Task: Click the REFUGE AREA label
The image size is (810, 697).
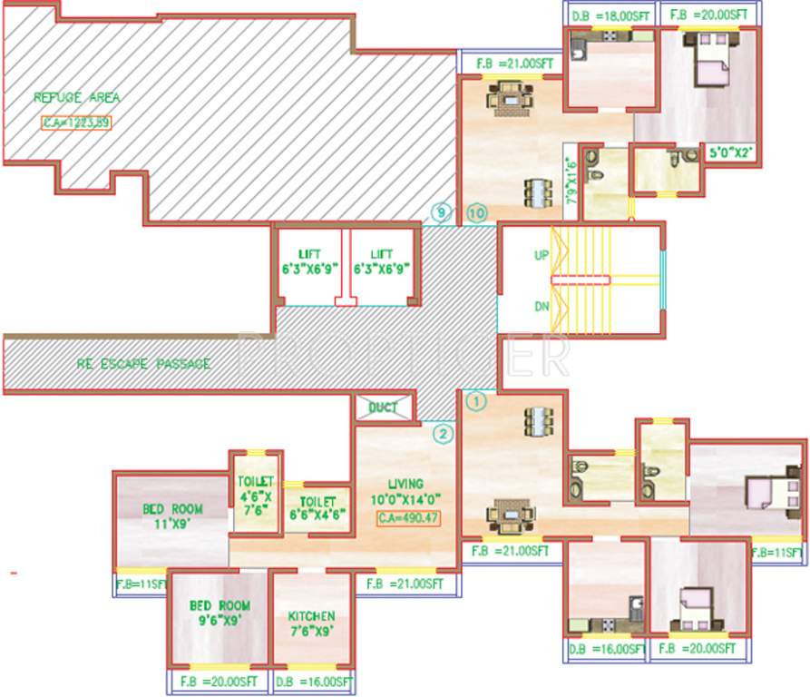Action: pos(77,97)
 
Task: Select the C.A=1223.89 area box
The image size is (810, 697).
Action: pos(75,123)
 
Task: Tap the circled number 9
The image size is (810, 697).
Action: pos(441,213)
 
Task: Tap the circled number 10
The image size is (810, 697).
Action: pos(478,213)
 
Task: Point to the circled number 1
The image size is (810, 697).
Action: pos(475,398)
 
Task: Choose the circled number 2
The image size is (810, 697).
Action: pos(442,433)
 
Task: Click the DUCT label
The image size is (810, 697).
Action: pos(384,407)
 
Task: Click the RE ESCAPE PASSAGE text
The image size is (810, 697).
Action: pos(144,364)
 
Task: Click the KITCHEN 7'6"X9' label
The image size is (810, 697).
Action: pos(312,622)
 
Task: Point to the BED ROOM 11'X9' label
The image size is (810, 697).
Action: pos(173,515)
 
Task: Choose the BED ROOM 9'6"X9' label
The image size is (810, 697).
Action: pos(220,613)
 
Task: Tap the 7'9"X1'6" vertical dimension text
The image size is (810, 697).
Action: pos(571,179)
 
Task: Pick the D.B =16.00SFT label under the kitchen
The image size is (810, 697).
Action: pos(311,682)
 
